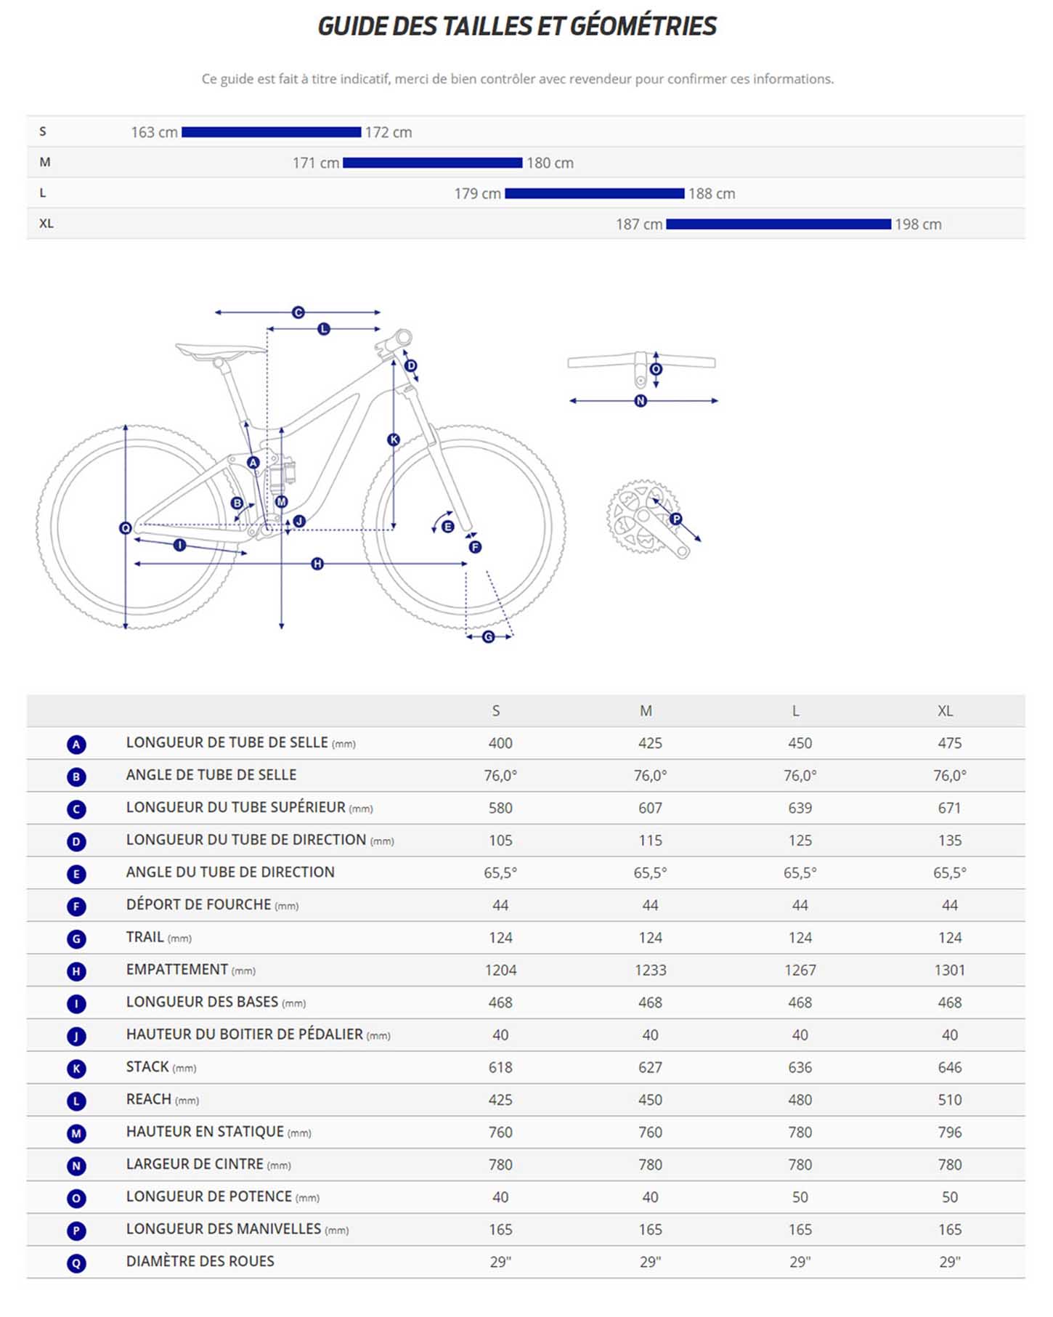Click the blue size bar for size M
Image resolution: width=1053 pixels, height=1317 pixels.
pos(432,163)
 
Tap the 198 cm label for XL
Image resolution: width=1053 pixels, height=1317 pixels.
pos(918,224)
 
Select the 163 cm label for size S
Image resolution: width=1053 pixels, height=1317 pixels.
pos(154,132)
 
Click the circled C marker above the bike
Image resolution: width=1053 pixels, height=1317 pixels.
pos(298,312)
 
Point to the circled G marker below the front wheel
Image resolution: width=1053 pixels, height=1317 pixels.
pos(489,637)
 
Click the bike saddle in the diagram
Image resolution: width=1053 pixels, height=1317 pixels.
pos(220,352)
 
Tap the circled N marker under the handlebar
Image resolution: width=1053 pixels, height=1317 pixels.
pos(641,401)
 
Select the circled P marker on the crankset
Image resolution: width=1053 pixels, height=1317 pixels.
pos(676,519)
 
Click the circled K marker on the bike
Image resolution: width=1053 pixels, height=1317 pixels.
pos(394,439)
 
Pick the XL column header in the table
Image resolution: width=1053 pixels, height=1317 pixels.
pos(945,711)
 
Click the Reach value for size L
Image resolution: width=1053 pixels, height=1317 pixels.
pos(800,1100)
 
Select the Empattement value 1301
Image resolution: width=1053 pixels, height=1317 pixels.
pos(949,970)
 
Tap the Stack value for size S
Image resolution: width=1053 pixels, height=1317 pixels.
pos(500,1067)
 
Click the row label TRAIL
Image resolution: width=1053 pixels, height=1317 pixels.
pos(145,937)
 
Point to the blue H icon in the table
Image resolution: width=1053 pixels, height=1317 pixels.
pos(76,971)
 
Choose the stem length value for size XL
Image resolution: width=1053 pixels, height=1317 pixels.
pos(949,1197)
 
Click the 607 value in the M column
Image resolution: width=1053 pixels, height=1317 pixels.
pos(650,808)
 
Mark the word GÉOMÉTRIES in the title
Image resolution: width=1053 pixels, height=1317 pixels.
pos(643,26)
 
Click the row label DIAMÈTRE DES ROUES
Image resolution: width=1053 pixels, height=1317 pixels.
pos(200,1261)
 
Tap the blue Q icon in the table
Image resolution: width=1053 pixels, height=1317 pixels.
pos(76,1263)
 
